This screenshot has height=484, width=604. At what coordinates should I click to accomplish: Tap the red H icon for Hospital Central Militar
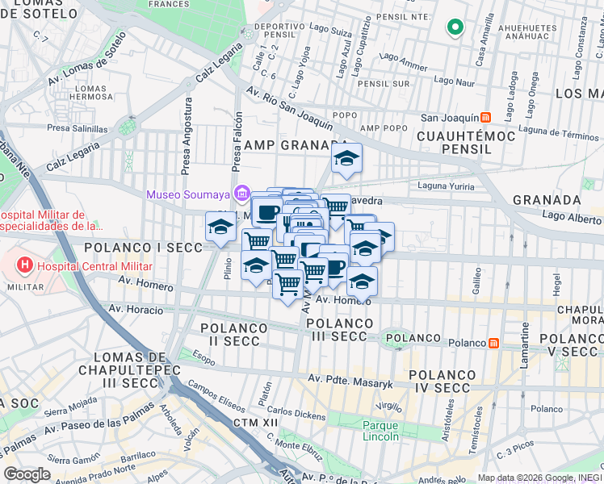point(26,264)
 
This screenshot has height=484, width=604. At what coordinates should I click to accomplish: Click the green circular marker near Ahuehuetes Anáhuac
point(455,28)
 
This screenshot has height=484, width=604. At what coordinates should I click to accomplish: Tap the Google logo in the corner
point(27,474)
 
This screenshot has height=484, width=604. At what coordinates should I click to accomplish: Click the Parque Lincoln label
point(380,431)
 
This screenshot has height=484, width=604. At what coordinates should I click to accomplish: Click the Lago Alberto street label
point(572,215)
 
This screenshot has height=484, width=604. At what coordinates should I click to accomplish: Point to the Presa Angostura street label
point(187,137)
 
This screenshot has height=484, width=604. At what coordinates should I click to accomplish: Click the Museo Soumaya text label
point(187,194)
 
